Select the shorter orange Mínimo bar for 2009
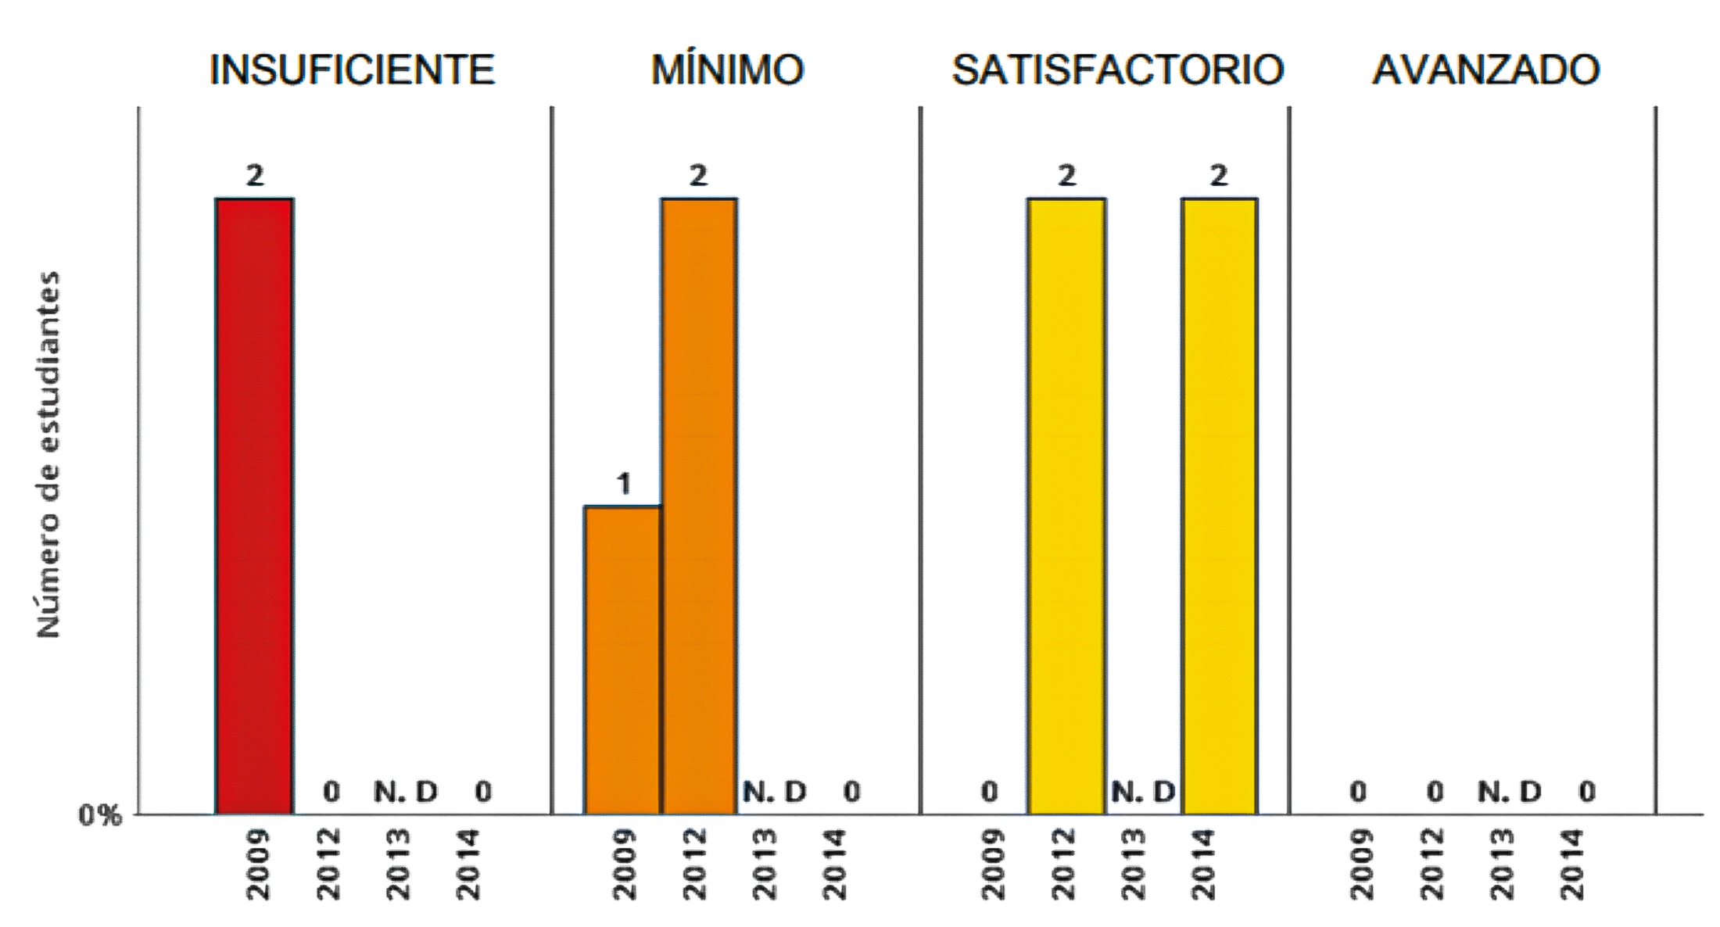pyautogui.click(x=623, y=660)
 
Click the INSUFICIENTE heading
pyautogui.click(x=352, y=70)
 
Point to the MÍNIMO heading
pyautogui.click(x=727, y=70)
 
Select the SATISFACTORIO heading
pyautogui.click(x=1117, y=70)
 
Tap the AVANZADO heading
pyautogui.click(x=1485, y=70)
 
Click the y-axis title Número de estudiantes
pyautogui.click(x=49, y=454)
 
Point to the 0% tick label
pyautogui.click(x=100, y=815)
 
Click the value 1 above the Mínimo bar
pyautogui.click(x=623, y=485)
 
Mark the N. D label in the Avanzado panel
pyautogui.click(x=1509, y=792)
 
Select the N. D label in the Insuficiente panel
pyautogui.click(x=405, y=792)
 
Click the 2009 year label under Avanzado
pyautogui.click(x=1360, y=864)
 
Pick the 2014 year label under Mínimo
pyautogui.click(x=835, y=864)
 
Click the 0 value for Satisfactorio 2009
pyautogui.click(x=989, y=792)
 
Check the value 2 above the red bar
pyautogui.click(x=255, y=176)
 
